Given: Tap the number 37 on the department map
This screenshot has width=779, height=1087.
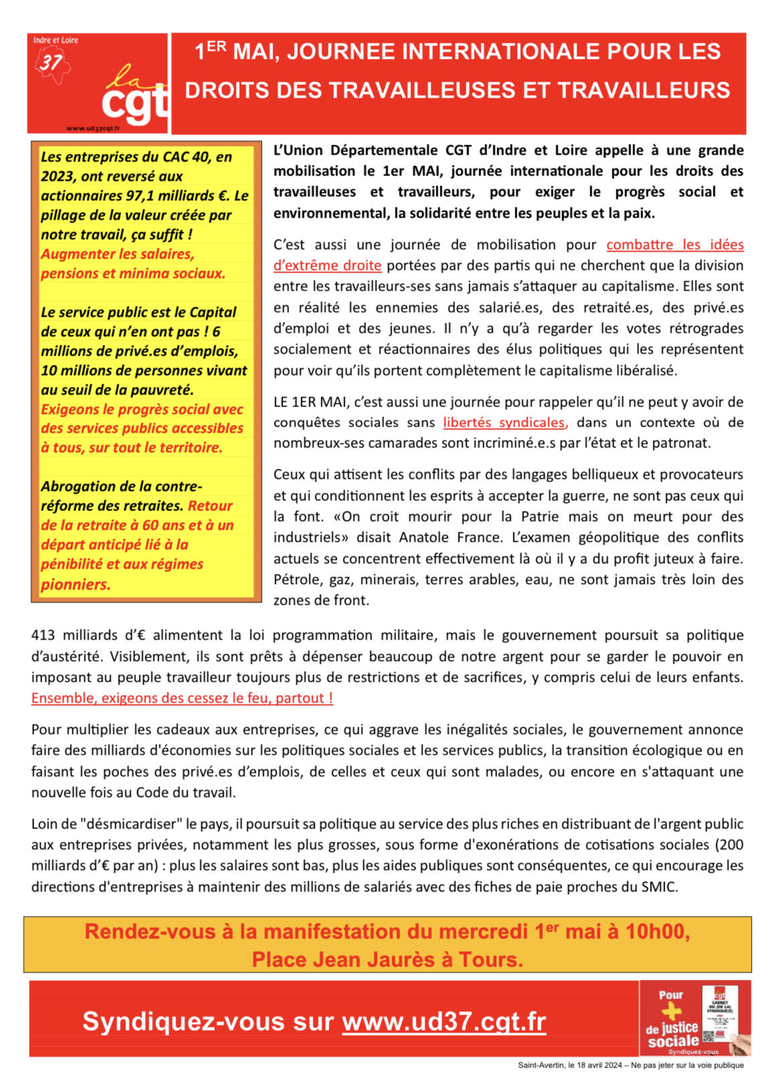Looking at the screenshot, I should pyautogui.click(x=51, y=63).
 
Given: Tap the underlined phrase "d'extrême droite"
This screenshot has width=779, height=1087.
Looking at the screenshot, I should pyautogui.click(x=327, y=266).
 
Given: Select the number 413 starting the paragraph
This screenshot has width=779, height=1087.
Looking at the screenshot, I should pyautogui.click(x=44, y=636).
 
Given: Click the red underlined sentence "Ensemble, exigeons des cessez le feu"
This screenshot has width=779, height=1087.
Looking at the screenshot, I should pyautogui.click(x=182, y=699).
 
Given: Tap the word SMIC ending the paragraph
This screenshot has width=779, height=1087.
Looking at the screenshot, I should pyautogui.click(x=660, y=887).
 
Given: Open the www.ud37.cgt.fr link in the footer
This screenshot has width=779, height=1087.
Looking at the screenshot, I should pyautogui.click(x=444, y=1022).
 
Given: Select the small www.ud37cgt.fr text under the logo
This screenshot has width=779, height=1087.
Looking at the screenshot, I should pyautogui.click(x=93, y=128).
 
